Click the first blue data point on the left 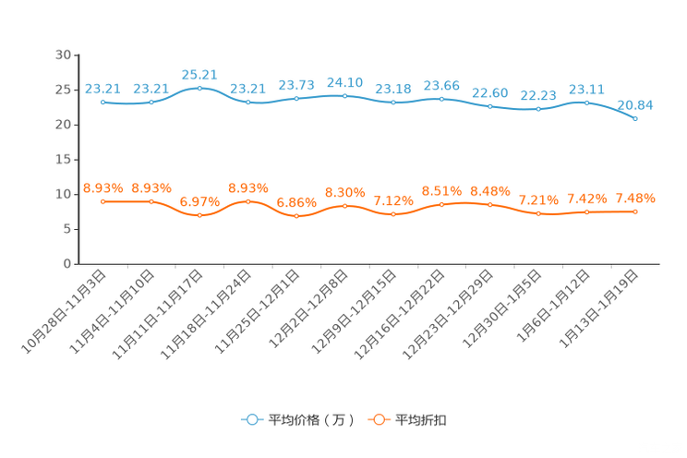pyautogui.click(x=102, y=101)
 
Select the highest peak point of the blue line pyautogui.click(x=199, y=88)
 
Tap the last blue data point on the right pyautogui.click(x=636, y=119)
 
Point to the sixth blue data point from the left pyautogui.click(x=345, y=95)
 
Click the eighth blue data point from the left pyautogui.click(x=442, y=97)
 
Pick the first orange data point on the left pyautogui.click(x=102, y=200)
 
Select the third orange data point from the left pyautogui.click(x=199, y=215)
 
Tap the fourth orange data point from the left pyautogui.click(x=247, y=200)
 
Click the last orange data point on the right pyautogui.click(x=636, y=211)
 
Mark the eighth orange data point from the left pyautogui.click(x=442, y=204)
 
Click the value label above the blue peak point pyautogui.click(x=199, y=74)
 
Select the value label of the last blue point pyautogui.click(x=635, y=104)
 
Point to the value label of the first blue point pyautogui.click(x=102, y=89)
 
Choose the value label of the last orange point pyautogui.click(x=635, y=198)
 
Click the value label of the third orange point pyautogui.click(x=199, y=201)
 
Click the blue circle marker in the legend pyautogui.click(x=251, y=419)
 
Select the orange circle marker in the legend pyautogui.click(x=379, y=419)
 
